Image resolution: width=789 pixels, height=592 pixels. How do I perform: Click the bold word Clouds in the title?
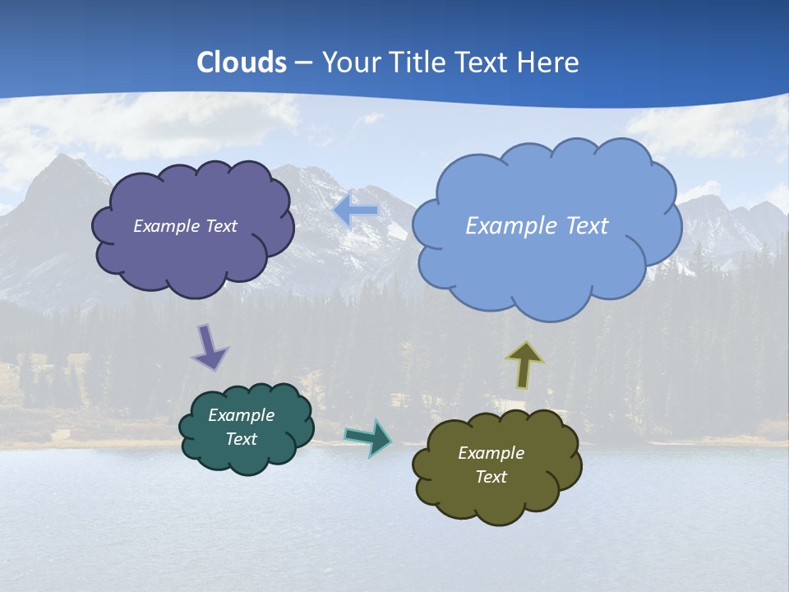tap(242, 62)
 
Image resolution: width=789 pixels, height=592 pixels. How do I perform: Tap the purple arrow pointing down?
tap(209, 347)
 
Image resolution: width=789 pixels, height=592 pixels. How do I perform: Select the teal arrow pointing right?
tap(368, 437)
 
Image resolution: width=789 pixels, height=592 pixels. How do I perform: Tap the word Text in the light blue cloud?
tap(580, 226)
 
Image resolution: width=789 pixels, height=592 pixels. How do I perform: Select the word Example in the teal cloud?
tap(241, 415)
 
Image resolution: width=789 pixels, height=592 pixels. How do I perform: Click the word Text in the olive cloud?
tap(491, 477)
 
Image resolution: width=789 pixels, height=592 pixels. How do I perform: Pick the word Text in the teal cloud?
tap(241, 439)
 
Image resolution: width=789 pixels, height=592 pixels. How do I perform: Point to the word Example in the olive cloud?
tap(491, 453)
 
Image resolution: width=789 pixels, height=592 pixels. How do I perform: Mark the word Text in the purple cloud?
tap(220, 226)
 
